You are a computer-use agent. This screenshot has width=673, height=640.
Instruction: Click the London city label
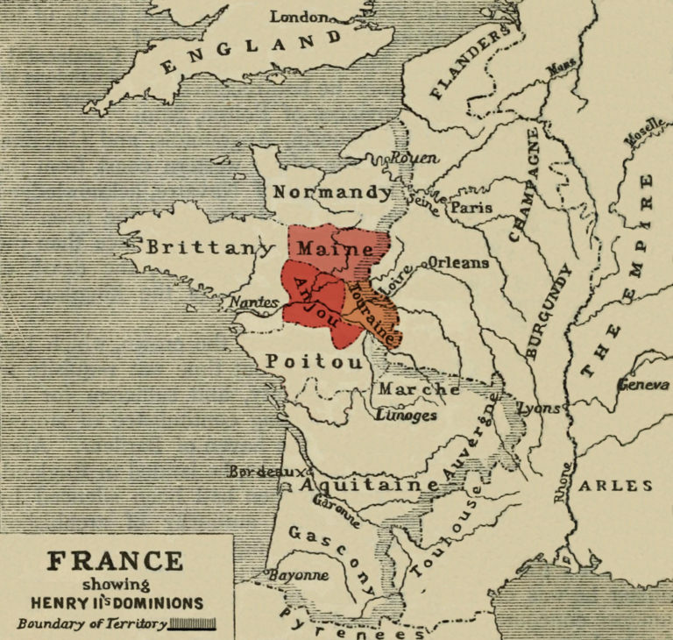(x=300, y=16)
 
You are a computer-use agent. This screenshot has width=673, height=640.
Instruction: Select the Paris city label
(x=471, y=208)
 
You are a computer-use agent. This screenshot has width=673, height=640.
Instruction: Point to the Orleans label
(x=457, y=261)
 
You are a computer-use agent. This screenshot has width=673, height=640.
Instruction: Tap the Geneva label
(x=643, y=385)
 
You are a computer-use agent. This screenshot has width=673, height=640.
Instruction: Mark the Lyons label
(x=539, y=409)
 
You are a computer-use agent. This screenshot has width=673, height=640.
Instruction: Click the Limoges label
(x=405, y=416)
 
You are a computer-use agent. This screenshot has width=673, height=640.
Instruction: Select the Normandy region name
(x=332, y=192)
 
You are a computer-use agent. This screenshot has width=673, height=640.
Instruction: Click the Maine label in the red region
(x=334, y=249)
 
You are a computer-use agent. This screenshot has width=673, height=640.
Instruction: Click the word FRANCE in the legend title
(x=116, y=561)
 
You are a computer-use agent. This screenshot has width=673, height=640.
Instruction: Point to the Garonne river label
(x=336, y=511)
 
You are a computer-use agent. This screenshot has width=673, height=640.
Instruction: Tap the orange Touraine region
(x=377, y=311)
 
